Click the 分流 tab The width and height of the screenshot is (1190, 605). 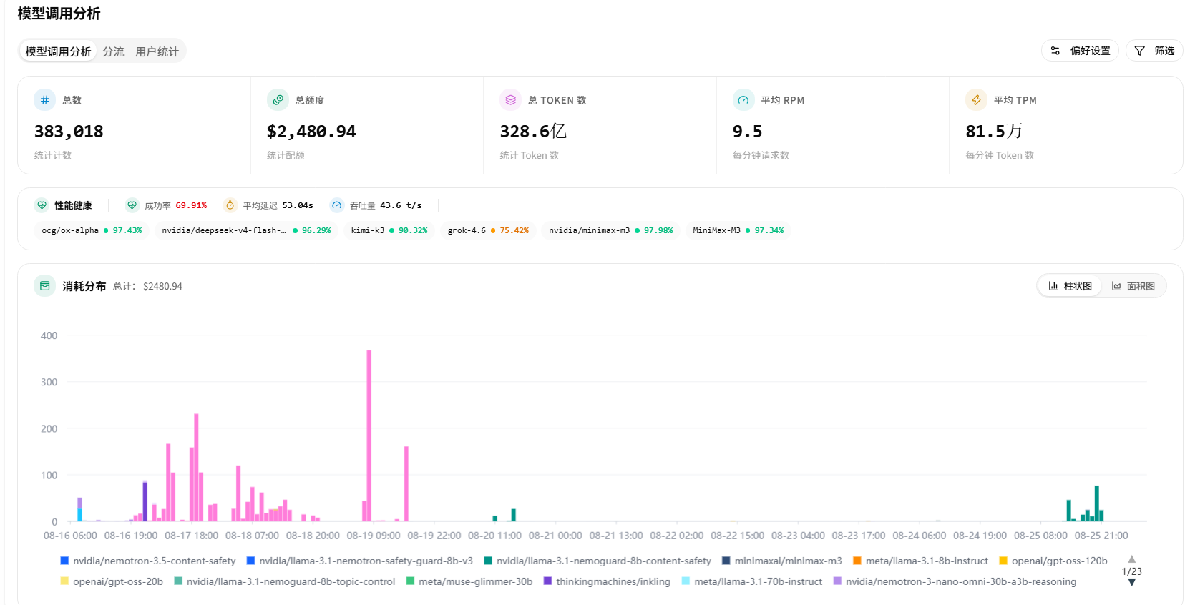113,51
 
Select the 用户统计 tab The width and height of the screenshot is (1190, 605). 157,51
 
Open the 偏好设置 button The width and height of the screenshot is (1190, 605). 1080,51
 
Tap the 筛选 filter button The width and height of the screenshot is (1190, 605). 1154,51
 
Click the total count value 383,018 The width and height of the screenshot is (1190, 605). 69,131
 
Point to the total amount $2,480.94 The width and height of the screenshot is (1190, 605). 311,131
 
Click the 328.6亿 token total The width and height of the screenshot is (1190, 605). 533,131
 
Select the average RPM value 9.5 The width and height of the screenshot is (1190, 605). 747,131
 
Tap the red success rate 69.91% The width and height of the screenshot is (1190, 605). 191,205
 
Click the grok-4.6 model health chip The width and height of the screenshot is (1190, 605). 488,230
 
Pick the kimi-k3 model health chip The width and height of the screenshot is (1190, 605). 389,230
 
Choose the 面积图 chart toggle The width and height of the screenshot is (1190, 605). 1133,286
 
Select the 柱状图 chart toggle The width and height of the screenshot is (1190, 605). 1070,286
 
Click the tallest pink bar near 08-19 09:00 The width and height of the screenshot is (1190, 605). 369,436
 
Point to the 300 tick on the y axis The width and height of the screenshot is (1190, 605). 49,382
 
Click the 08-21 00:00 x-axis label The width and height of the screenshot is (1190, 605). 555,536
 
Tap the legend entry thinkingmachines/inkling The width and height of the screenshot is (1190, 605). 607,581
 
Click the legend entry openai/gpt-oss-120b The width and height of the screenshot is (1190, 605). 1053,561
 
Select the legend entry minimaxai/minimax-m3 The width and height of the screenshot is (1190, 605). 782,561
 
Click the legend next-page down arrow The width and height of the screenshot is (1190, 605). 1131,583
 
